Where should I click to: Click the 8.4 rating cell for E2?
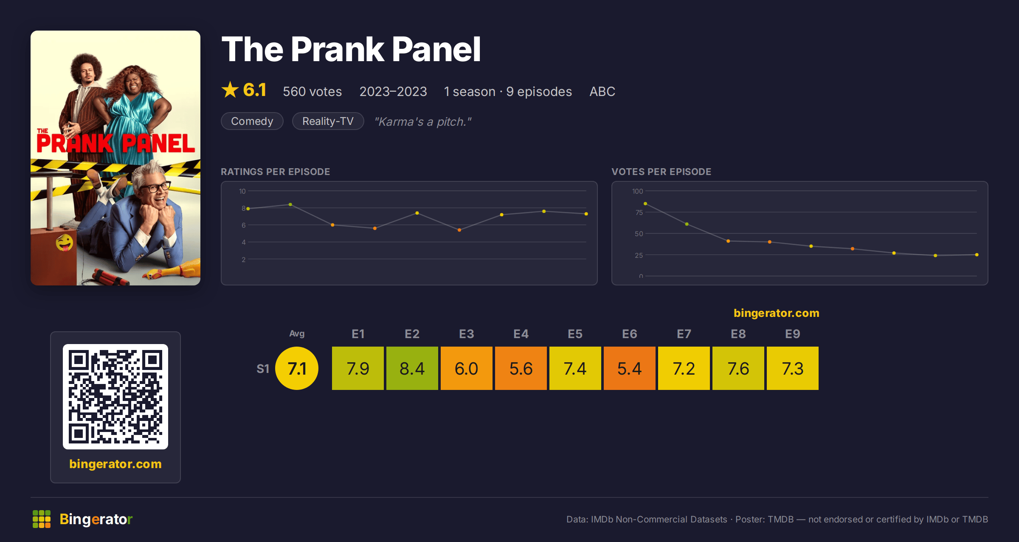(x=412, y=368)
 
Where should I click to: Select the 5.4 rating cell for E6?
(x=629, y=368)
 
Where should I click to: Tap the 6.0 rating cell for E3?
(x=466, y=368)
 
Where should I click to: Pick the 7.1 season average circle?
(x=297, y=368)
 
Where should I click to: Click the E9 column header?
(x=792, y=334)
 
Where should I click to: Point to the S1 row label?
(x=263, y=369)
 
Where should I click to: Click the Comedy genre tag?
(x=252, y=121)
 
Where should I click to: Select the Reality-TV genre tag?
(x=328, y=121)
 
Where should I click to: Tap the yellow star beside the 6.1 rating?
(x=230, y=90)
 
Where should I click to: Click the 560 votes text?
(x=312, y=91)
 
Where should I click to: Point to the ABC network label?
(x=602, y=91)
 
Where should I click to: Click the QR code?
(x=115, y=397)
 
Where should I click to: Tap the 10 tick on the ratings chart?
(x=242, y=191)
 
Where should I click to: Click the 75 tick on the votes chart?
(x=639, y=212)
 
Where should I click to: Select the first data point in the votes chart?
(x=645, y=204)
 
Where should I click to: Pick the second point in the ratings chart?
(x=290, y=205)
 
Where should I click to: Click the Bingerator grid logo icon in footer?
(x=42, y=519)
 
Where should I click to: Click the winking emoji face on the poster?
(x=65, y=243)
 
